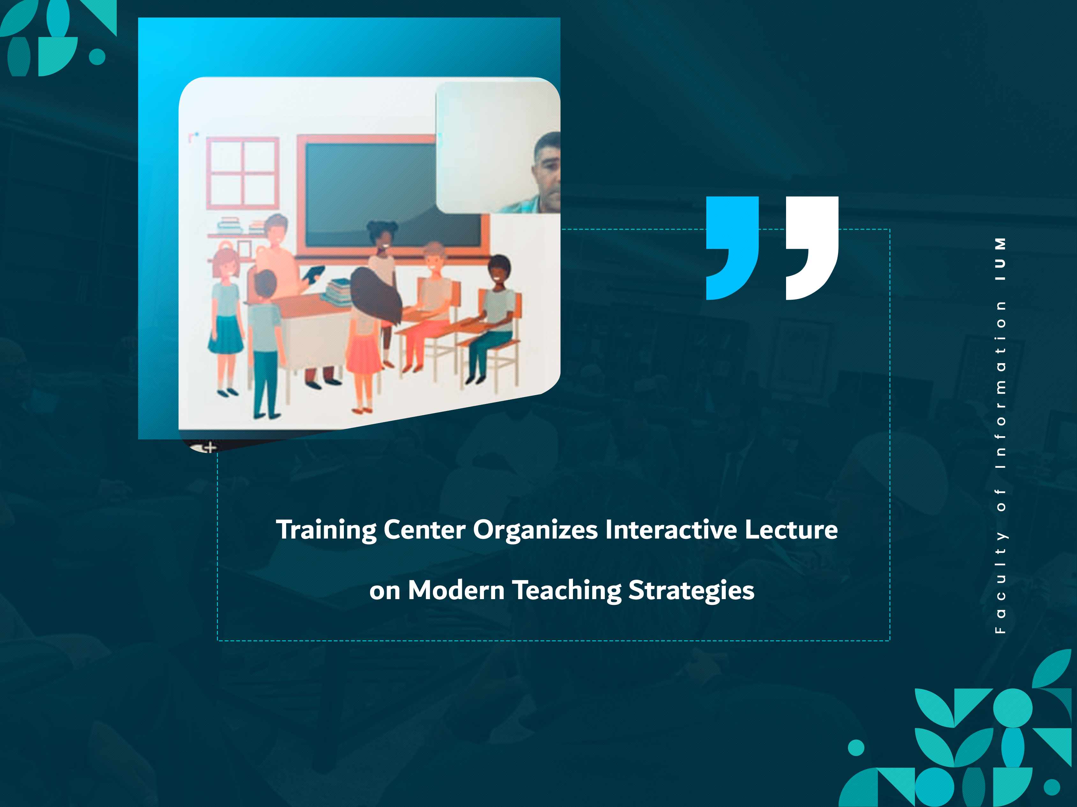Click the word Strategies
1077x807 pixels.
[x=691, y=591]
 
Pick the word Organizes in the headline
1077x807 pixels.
[x=536, y=530]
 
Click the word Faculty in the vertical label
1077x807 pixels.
[x=1000, y=582]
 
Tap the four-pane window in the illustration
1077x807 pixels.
[x=242, y=173]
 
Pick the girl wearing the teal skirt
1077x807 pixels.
[x=226, y=321]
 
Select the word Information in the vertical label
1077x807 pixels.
[x=1000, y=385]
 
